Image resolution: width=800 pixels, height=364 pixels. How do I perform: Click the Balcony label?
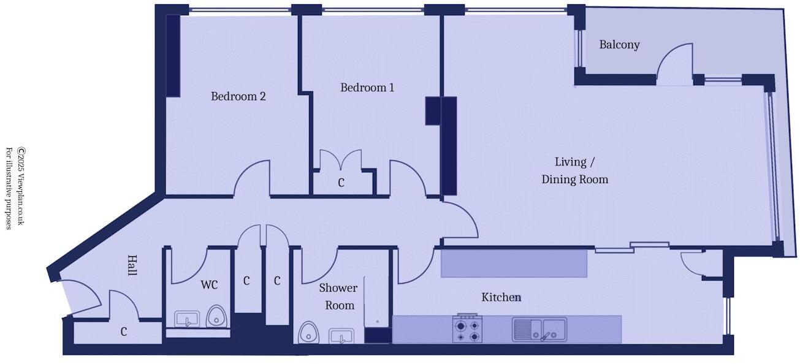click(619, 45)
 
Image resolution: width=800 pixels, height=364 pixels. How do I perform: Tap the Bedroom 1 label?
click(367, 88)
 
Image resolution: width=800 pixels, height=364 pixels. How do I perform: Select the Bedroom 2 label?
click(238, 96)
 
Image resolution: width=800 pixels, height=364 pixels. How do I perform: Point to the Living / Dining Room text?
click(574, 170)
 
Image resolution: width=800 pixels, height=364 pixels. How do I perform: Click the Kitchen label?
click(501, 297)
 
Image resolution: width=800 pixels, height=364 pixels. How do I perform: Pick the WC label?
click(209, 285)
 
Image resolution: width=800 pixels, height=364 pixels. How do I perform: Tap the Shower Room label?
click(338, 297)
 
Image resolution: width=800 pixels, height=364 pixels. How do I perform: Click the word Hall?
click(132, 265)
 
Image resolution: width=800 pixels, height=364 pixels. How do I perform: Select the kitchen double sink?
click(539, 329)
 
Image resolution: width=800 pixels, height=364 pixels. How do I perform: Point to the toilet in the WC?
click(216, 316)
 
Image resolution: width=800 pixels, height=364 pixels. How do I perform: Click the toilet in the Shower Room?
click(308, 333)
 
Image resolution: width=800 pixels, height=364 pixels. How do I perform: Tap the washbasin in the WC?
click(187, 319)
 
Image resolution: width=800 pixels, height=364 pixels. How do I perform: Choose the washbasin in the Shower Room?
click(341, 336)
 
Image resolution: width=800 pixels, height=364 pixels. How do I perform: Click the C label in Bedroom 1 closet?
click(341, 183)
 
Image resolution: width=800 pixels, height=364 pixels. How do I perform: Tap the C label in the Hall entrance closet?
click(124, 332)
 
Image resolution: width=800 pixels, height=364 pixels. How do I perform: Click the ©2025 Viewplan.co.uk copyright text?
click(21, 186)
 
